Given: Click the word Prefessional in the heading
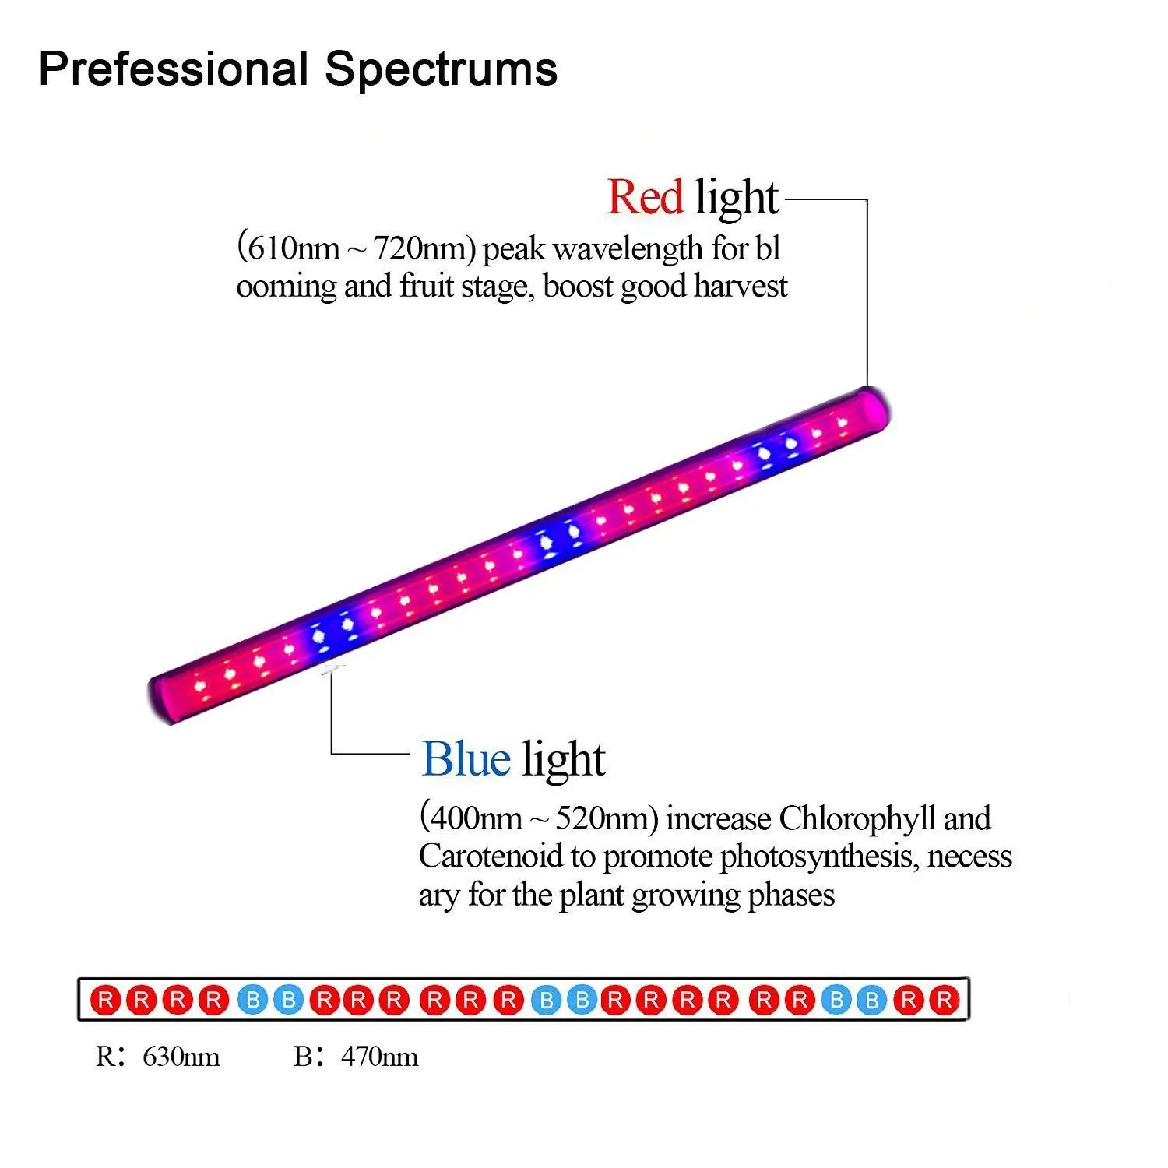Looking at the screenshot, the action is pos(174,69).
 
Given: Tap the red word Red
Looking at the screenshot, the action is pos(645,196).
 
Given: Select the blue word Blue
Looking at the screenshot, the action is pos(466,758).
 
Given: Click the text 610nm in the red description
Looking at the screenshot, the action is pos(290,249).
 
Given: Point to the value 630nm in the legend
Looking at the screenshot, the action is pos(181,1057).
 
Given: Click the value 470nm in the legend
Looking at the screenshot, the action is pos(380,1057).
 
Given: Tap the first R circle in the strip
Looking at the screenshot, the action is pos(106,999).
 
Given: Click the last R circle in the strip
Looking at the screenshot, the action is pos(944,999).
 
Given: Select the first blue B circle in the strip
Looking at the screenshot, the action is pos(252,999).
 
